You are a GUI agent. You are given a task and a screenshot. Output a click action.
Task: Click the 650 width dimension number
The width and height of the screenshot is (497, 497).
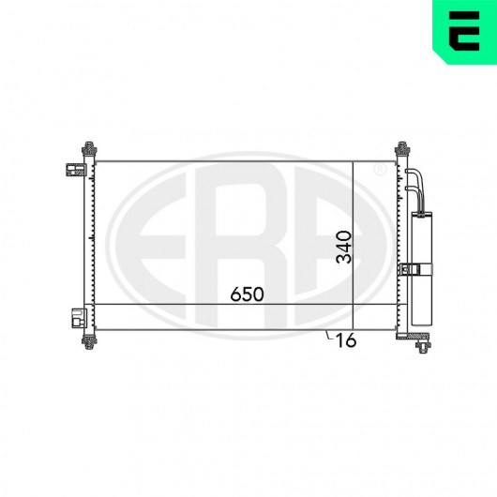(247, 294)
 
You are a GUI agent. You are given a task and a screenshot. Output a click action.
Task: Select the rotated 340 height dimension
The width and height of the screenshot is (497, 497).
(344, 248)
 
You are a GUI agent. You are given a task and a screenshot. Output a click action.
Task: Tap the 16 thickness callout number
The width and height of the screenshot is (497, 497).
(346, 340)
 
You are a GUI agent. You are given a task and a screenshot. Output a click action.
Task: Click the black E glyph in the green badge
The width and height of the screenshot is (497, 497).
(464, 31)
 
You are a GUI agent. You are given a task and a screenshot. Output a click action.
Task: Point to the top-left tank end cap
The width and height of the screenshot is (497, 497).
(89, 148)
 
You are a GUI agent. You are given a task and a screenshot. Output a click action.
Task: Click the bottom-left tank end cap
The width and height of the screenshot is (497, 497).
(89, 341)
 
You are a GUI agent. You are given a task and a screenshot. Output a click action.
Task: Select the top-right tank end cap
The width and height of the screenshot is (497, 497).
(402, 148)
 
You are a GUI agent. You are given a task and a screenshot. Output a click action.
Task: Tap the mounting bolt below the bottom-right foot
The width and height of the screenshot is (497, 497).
(423, 346)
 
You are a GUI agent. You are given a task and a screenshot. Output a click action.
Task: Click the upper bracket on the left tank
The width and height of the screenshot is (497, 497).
(76, 170)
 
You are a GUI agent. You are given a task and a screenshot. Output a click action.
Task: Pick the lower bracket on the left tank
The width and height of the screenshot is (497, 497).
(80, 318)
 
